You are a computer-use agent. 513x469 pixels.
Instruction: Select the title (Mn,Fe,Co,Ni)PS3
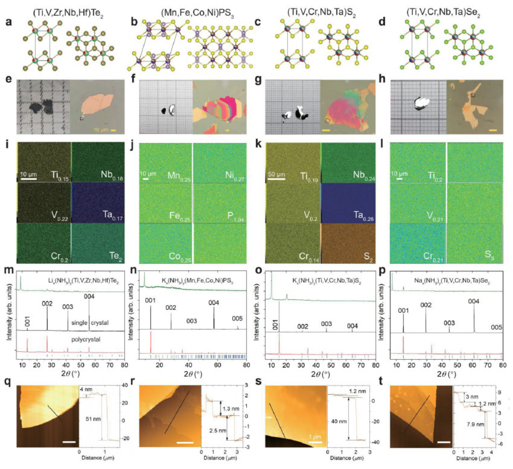[x=197, y=13]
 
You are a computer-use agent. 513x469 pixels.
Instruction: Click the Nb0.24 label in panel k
[x=364, y=176]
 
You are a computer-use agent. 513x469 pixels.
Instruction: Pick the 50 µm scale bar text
[x=277, y=174]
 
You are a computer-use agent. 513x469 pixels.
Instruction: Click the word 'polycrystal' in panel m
[x=86, y=340]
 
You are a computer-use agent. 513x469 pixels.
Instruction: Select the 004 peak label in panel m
[x=89, y=297]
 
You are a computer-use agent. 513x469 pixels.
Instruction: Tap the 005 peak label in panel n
[x=237, y=318]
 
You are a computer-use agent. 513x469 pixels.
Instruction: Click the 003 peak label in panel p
[x=449, y=323]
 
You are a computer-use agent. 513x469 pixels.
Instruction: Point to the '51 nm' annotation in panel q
[x=93, y=419]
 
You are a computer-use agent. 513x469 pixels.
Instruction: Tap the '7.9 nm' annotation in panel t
[x=475, y=424]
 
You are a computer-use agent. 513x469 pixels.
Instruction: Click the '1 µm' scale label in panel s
[x=315, y=437]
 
